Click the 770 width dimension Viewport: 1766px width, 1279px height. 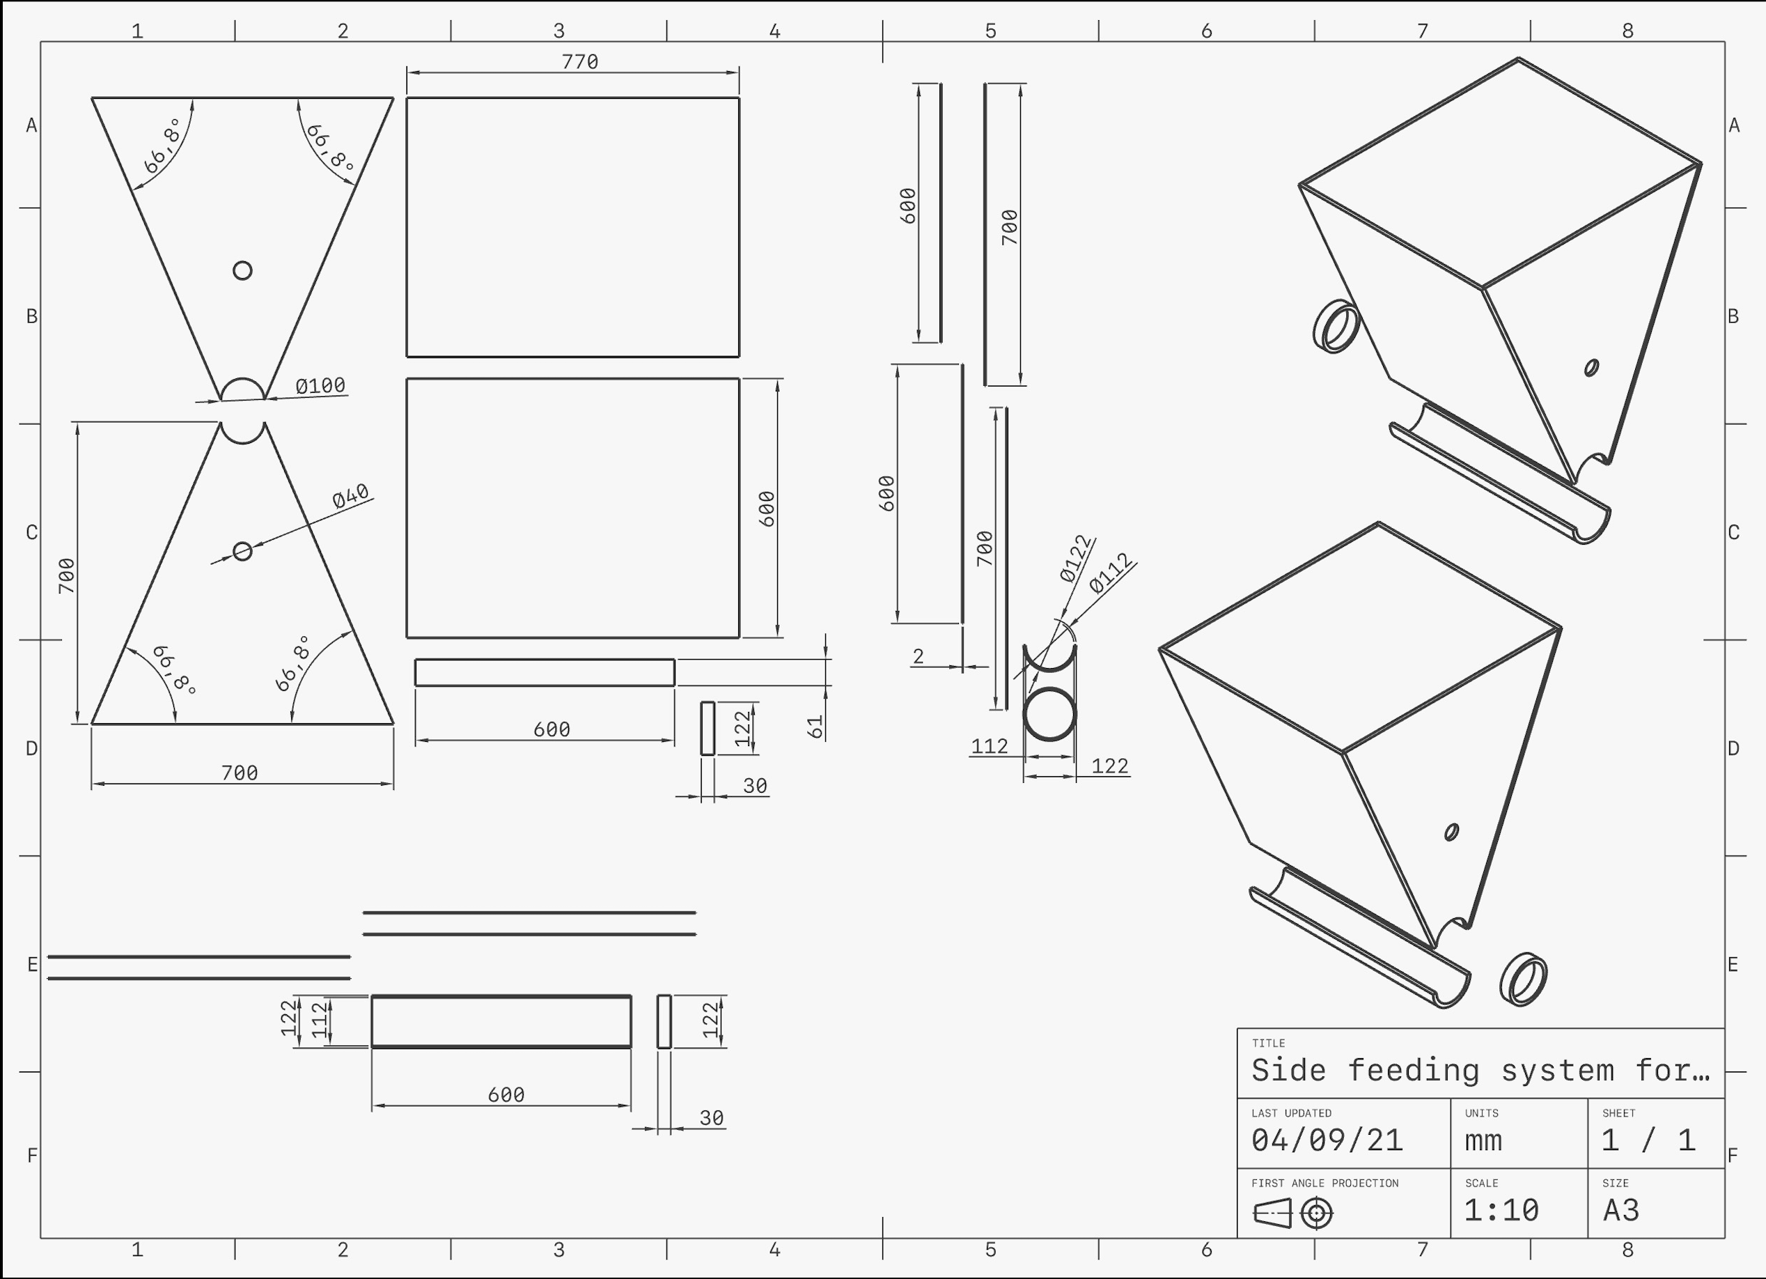[x=580, y=61]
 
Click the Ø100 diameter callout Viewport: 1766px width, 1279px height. [x=321, y=385]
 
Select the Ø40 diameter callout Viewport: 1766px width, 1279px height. [x=350, y=496]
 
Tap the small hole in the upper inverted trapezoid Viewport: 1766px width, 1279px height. [x=242, y=270]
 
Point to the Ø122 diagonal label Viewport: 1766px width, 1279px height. [x=1076, y=559]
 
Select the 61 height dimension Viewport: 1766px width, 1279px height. [x=815, y=727]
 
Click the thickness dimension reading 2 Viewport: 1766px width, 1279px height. [x=918, y=657]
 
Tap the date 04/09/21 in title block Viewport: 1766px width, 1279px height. [x=1327, y=1140]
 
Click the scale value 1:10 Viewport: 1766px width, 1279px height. [x=1501, y=1209]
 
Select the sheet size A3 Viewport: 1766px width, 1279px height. [x=1621, y=1209]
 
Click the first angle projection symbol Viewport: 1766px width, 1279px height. [x=1293, y=1213]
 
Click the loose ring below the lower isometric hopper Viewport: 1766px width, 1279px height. [x=1523, y=979]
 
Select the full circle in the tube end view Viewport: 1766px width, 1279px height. [x=1049, y=713]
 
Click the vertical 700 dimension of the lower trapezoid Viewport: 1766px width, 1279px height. [x=67, y=575]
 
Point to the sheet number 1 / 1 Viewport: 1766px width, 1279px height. [x=1648, y=1140]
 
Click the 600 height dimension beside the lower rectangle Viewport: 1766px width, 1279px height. [x=767, y=509]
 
